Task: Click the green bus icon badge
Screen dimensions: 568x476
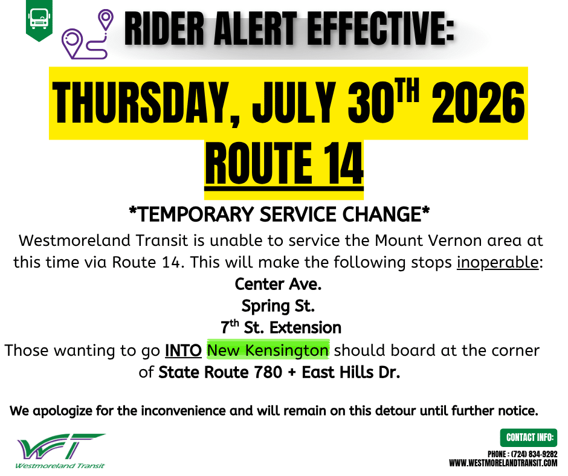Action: pyautogui.click(x=39, y=20)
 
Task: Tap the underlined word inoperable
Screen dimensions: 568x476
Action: pyautogui.click(x=498, y=262)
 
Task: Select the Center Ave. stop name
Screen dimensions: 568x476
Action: pyautogui.click(x=278, y=284)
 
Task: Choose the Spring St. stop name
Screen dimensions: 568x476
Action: pyautogui.click(x=278, y=306)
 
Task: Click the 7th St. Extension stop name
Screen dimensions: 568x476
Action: pyautogui.click(x=281, y=327)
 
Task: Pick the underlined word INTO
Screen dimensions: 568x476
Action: pyautogui.click(x=183, y=351)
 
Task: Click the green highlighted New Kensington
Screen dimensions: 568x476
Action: pyautogui.click(x=268, y=350)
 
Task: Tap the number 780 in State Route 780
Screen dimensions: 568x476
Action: pyautogui.click(x=268, y=372)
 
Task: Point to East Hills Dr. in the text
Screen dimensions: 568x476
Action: pyautogui.click(x=351, y=372)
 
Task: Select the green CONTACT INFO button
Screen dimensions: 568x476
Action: pyautogui.click(x=529, y=437)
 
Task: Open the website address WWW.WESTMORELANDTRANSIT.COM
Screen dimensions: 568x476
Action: pyautogui.click(x=503, y=463)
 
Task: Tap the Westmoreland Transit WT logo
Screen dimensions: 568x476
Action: pyautogui.click(x=60, y=451)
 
